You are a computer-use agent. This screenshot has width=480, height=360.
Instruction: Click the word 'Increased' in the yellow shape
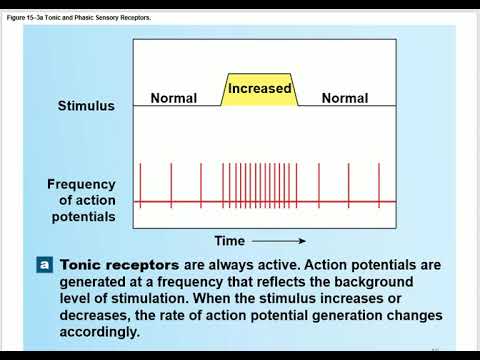tap(260, 89)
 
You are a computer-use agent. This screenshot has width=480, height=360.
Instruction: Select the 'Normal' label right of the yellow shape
tap(344, 98)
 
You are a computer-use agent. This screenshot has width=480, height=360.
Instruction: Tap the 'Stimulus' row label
tap(86, 105)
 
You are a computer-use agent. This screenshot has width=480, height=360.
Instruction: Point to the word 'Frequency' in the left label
tap(81, 185)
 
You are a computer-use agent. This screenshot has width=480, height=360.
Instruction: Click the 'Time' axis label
tap(229, 241)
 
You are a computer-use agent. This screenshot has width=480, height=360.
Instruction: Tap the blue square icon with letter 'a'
tap(44, 265)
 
